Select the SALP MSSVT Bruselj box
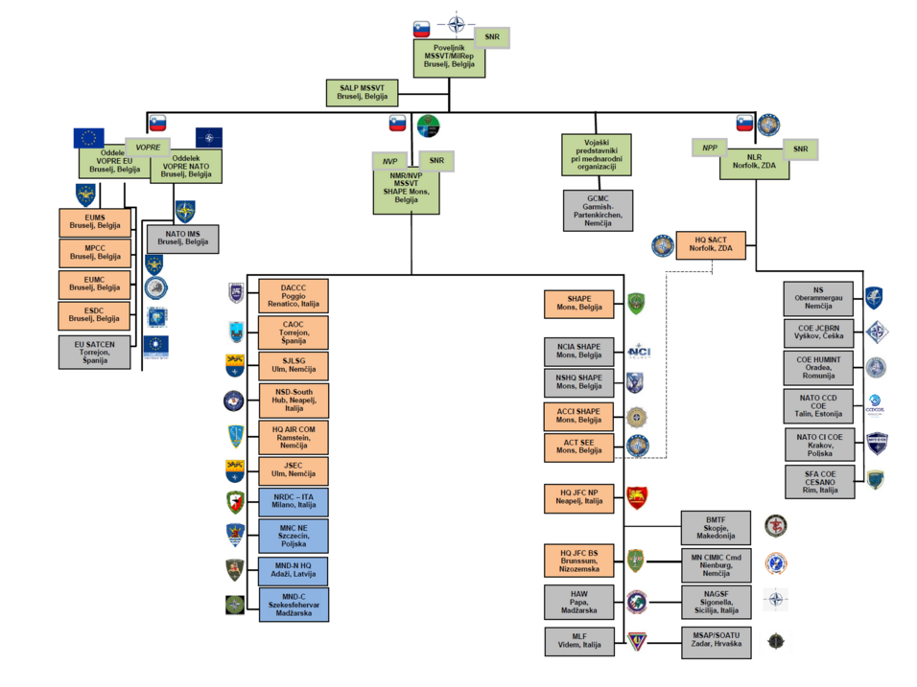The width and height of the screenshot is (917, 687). [x=362, y=93]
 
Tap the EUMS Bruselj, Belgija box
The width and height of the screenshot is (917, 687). [x=94, y=223]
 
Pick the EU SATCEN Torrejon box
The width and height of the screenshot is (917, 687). [x=94, y=352]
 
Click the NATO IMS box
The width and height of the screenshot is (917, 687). [x=182, y=239]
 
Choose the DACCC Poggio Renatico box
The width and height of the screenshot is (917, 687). [x=293, y=294]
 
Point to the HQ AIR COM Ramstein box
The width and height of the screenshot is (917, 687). [x=293, y=437]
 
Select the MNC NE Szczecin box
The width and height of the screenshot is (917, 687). [x=293, y=536]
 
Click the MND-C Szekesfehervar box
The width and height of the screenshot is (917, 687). [x=293, y=605]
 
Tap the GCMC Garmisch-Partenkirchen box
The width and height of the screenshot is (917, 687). [x=596, y=210]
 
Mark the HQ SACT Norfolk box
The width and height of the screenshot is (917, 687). [x=710, y=245]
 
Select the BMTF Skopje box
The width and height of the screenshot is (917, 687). [x=715, y=526]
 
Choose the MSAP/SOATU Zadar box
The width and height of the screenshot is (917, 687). [x=715, y=640]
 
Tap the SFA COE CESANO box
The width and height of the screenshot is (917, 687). [x=818, y=481]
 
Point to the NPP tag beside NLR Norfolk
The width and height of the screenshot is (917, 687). [x=709, y=148]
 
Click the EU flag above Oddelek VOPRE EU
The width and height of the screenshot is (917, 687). [x=89, y=138]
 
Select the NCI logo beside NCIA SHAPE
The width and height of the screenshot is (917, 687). [x=640, y=352]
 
